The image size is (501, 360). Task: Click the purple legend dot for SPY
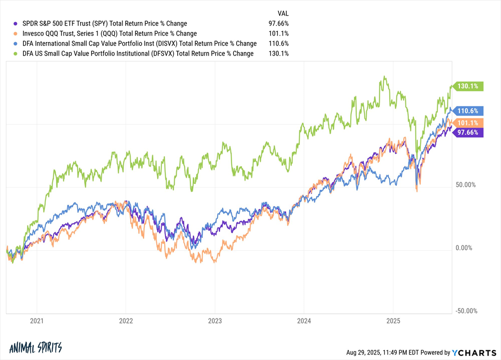pyautogui.click(x=15, y=24)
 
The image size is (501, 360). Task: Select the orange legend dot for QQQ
pyautogui.click(x=15, y=34)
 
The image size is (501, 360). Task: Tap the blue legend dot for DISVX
pyautogui.click(x=15, y=44)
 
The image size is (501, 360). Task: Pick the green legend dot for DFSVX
pyautogui.click(x=15, y=54)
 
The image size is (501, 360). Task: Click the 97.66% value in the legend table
pyautogui.click(x=278, y=24)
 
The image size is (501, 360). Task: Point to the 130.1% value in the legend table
pyautogui.click(x=278, y=54)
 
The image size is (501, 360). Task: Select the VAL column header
pyautogui.click(x=283, y=14)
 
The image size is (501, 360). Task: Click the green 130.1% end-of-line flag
pyautogui.click(x=467, y=86)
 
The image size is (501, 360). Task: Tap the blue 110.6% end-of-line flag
pyautogui.click(x=467, y=111)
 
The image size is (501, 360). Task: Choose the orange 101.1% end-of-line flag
pyautogui.click(x=467, y=123)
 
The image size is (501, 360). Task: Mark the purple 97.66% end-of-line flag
pyautogui.click(x=467, y=132)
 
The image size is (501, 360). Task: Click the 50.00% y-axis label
pyautogui.click(x=465, y=185)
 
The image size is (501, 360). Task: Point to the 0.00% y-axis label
pyautogui.click(x=463, y=248)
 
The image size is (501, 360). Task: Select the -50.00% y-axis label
pyautogui.click(x=465, y=311)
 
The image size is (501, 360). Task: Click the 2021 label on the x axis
pyautogui.click(x=37, y=321)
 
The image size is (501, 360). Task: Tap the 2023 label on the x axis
pyautogui.click(x=215, y=321)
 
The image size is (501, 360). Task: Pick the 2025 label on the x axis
pyautogui.click(x=393, y=321)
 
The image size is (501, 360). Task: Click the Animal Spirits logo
pyautogui.click(x=36, y=347)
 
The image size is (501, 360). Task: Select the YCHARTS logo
pyautogui.click(x=474, y=352)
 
